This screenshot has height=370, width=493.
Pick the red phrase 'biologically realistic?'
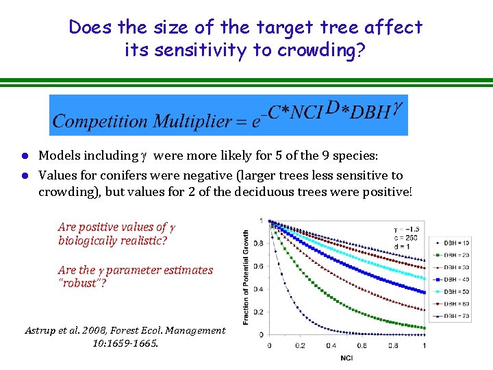[x=113, y=241]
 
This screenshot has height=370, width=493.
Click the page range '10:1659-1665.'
[x=125, y=343]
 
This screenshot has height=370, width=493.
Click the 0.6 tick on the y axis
[x=259, y=265]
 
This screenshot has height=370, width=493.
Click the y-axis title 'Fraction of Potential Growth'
[x=246, y=277]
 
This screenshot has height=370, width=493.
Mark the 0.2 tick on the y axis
[x=259, y=311]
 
